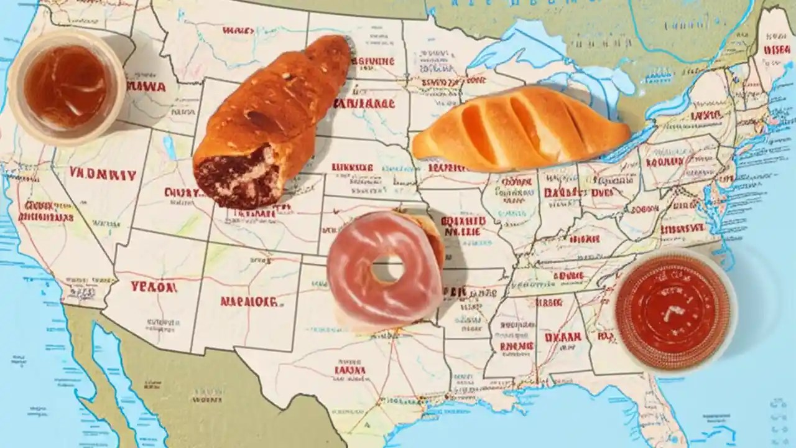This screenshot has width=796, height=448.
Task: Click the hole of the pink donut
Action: tap(387, 268)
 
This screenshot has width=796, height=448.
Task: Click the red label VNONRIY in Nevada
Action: tap(103, 175)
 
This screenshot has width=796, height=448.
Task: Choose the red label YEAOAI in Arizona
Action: tap(154, 287)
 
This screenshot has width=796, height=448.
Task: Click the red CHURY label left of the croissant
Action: tap(182, 193)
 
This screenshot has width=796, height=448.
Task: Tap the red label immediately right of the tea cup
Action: tap(146, 86)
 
